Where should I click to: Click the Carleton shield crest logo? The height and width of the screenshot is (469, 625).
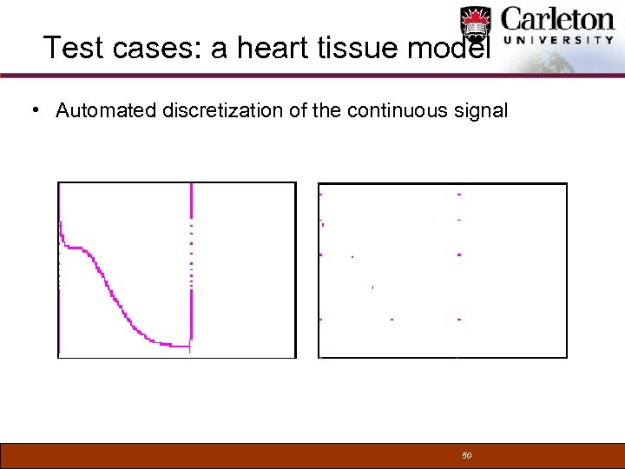476,25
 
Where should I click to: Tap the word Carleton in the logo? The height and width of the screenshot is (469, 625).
558,19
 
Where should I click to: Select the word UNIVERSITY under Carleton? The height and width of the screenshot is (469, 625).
558,40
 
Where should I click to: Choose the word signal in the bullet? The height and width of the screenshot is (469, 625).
481,111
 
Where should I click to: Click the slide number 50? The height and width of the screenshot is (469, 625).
466,456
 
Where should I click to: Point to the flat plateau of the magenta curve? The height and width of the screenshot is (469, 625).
74,248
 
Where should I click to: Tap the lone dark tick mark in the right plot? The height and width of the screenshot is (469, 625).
372,287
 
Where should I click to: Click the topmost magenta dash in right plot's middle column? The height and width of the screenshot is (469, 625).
458,195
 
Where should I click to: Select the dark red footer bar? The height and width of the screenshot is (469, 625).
260,456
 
